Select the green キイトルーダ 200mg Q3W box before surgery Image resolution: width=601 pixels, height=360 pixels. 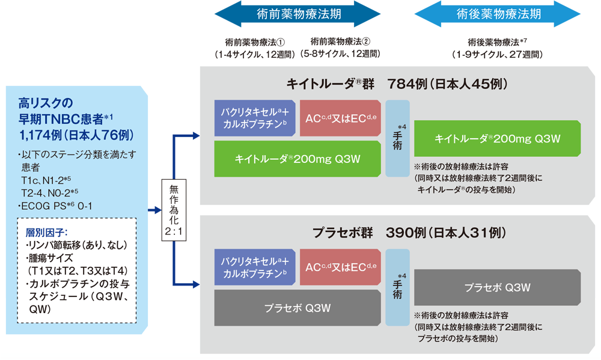(297, 159)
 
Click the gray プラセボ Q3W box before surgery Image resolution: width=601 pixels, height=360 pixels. (297, 307)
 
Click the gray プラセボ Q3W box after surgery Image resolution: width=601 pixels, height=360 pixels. (497, 287)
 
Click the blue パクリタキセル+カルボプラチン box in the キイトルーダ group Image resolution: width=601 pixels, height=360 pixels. (254, 118)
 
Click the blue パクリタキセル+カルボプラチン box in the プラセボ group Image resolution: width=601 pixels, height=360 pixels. (254, 266)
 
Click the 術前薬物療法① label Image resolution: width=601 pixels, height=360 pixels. (255, 42)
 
